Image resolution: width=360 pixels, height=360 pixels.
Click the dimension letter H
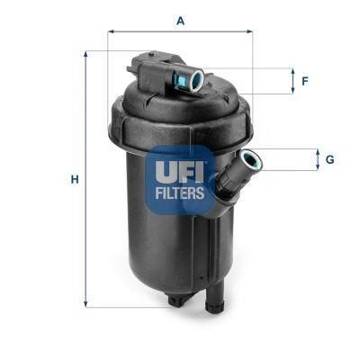(x=75, y=179)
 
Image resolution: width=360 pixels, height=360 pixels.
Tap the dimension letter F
(x=305, y=81)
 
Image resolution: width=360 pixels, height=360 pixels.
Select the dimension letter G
(x=329, y=160)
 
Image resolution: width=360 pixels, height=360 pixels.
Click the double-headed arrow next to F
(x=292, y=81)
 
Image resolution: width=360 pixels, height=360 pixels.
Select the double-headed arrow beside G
(x=317, y=160)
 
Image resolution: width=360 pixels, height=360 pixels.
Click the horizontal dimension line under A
(x=180, y=31)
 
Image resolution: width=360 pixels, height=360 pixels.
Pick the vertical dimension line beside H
(x=87, y=179)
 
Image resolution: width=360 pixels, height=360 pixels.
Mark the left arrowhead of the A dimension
(x=111, y=31)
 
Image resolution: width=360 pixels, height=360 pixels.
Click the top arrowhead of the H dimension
(x=87, y=53)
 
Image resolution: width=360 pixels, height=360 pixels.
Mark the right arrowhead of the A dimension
(x=250, y=31)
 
